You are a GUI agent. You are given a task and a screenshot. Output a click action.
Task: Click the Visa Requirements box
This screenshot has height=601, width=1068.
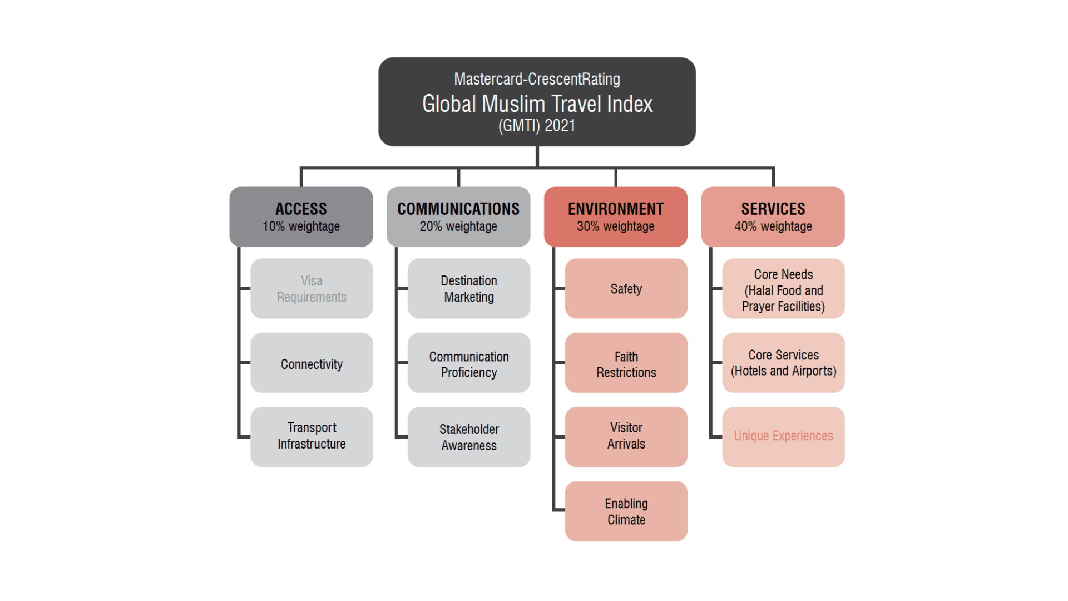[311, 288]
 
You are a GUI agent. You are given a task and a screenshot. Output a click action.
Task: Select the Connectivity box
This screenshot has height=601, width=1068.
[311, 363]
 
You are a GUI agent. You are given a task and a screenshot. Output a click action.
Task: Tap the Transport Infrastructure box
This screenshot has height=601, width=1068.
[311, 437]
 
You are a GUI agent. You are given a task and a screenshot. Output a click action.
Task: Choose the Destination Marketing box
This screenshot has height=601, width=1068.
[469, 288]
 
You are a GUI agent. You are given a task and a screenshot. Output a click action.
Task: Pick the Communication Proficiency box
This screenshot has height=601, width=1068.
[469, 363]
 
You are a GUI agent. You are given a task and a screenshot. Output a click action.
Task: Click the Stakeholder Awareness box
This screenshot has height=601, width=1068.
[469, 437]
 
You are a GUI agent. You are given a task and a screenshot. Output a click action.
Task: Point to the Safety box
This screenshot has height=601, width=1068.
[626, 288]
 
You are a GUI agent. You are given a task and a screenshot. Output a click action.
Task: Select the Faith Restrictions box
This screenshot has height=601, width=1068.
[626, 363]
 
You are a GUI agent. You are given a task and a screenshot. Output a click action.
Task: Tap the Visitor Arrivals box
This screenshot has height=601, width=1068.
[626, 437]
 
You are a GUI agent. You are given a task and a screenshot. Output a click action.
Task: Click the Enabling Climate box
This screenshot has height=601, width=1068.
[626, 511]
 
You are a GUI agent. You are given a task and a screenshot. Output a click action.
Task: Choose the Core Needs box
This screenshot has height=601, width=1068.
[784, 288]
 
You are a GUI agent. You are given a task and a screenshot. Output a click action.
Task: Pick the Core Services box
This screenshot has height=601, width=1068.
[784, 363]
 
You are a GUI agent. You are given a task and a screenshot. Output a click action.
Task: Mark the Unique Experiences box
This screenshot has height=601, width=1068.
[784, 437]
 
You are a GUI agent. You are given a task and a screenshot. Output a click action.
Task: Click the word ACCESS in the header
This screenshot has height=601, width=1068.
[301, 209]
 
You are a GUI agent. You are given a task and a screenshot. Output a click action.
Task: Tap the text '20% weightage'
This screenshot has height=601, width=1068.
[458, 226]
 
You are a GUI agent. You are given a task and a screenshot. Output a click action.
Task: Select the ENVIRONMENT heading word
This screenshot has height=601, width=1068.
[616, 209]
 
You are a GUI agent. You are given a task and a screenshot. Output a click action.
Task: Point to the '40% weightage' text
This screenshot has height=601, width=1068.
[773, 226]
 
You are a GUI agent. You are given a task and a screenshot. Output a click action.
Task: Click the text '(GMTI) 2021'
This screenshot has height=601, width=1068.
[537, 126]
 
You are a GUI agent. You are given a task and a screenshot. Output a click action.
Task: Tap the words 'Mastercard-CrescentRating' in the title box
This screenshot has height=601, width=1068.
[537, 79]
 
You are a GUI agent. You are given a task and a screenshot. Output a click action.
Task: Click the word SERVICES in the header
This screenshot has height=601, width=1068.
[773, 209]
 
